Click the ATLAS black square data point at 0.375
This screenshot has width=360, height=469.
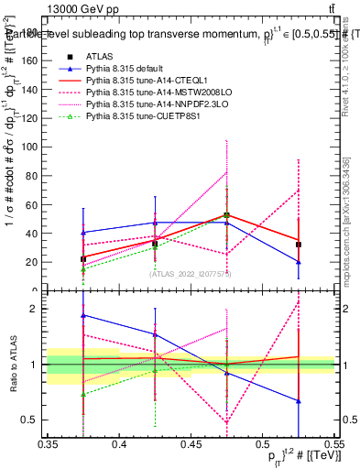click(x=83, y=259)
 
